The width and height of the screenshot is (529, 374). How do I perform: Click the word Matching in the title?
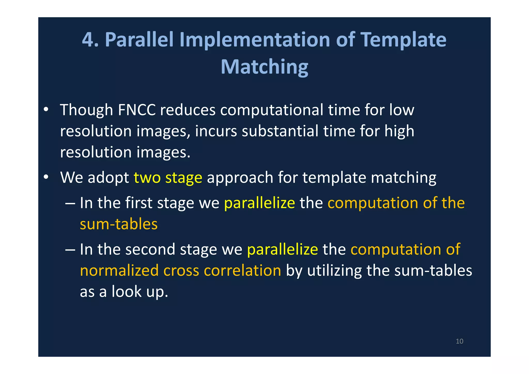pyautogui.click(x=264, y=67)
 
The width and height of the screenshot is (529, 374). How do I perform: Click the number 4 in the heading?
pyautogui.click(x=88, y=40)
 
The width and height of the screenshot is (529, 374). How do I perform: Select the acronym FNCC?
pyautogui.click(x=137, y=110)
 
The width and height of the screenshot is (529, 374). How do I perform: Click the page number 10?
pyautogui.click(x=459, y=341)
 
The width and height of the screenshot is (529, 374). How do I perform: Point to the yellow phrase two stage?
pyautogui.click(x=168, y=178)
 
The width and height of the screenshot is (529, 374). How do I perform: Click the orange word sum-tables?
pyautogui.click(x=119, y=224)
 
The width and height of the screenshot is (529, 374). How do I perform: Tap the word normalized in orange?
pyautogui.click(x=119, y=271)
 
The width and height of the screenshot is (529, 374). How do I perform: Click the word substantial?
pyautogui.click(x=280, y=131)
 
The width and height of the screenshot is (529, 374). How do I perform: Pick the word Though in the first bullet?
pyautogui.click(x=86, y=110)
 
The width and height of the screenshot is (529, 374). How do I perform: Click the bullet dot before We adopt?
pyautogui.click(x=46, y=177)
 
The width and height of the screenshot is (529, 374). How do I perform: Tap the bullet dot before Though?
pyautogui.click(x=46, y=109)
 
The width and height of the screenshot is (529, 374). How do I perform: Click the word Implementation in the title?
pyautogui.click(x=255, y=40)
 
